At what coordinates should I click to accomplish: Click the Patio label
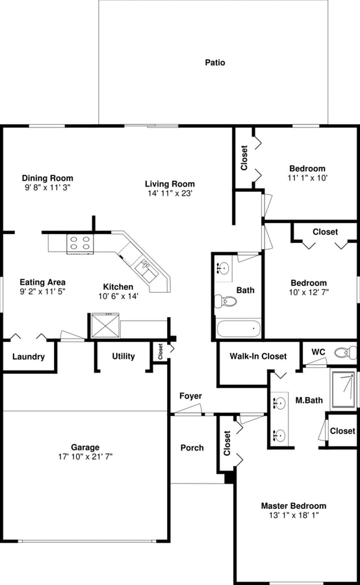[x=215, y=62]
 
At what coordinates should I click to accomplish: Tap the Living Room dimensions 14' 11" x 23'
[x=170, y=193]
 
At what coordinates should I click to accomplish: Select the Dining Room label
[x=47, y=178]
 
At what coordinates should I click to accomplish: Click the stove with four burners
[x=80, y=244]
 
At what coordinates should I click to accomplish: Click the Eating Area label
[x=42, y=282]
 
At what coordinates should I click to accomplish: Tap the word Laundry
[x=29, y=357]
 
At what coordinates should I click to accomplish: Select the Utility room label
[x=123, y=356]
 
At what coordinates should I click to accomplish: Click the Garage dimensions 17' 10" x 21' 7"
[x=86, y=456]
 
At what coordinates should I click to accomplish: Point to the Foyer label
[x=190, y=396]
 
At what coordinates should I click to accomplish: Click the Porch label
[x=192, y=447]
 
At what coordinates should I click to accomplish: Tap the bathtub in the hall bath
[x=238, y=328]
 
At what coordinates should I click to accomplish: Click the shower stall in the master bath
[x=344, y=389]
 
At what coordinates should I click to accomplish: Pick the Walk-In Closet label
[x=258, y=356]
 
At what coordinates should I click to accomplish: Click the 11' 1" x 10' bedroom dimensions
[x=307, y=177]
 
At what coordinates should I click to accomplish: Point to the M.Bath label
[x=305, y=400]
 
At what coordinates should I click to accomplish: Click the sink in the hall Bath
[x=224, y=266]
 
